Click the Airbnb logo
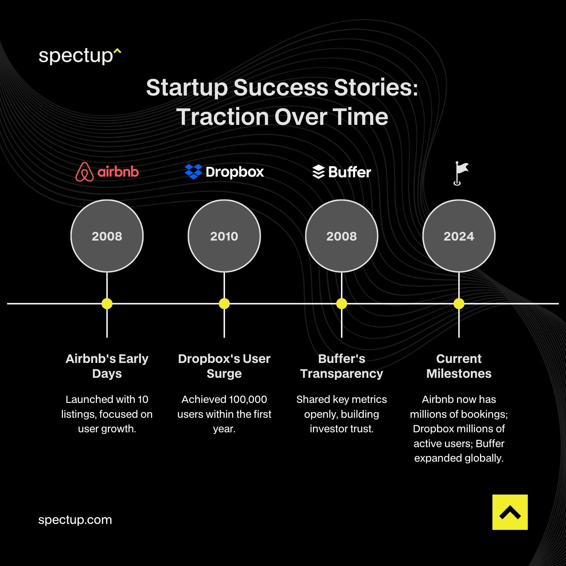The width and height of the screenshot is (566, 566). coord(107,172)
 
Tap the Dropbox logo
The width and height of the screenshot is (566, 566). coord(224,172)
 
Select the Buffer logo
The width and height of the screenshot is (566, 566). coord(341,172)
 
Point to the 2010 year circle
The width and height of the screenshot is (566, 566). coord(224,236)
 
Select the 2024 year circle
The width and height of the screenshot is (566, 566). coord(459,236)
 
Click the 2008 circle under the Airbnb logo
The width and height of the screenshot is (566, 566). coord(107,236)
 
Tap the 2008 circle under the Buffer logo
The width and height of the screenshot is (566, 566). coord(341,236)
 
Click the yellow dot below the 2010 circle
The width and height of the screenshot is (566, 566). coord(224,304)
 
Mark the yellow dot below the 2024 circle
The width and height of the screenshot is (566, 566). coord(459,304)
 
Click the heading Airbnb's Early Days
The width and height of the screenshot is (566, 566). coord(107,366)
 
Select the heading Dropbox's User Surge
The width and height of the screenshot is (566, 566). coord(224,366)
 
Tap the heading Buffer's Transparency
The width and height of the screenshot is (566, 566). coord(341,366)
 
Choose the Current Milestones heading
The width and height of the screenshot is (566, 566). coord(459,366)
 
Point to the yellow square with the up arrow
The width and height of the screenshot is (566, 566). coord(510,512)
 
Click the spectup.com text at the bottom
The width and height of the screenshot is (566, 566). coord(75,520)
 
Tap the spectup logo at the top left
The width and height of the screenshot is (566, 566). coord(80,56)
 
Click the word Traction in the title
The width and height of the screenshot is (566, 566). coord(223,117)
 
